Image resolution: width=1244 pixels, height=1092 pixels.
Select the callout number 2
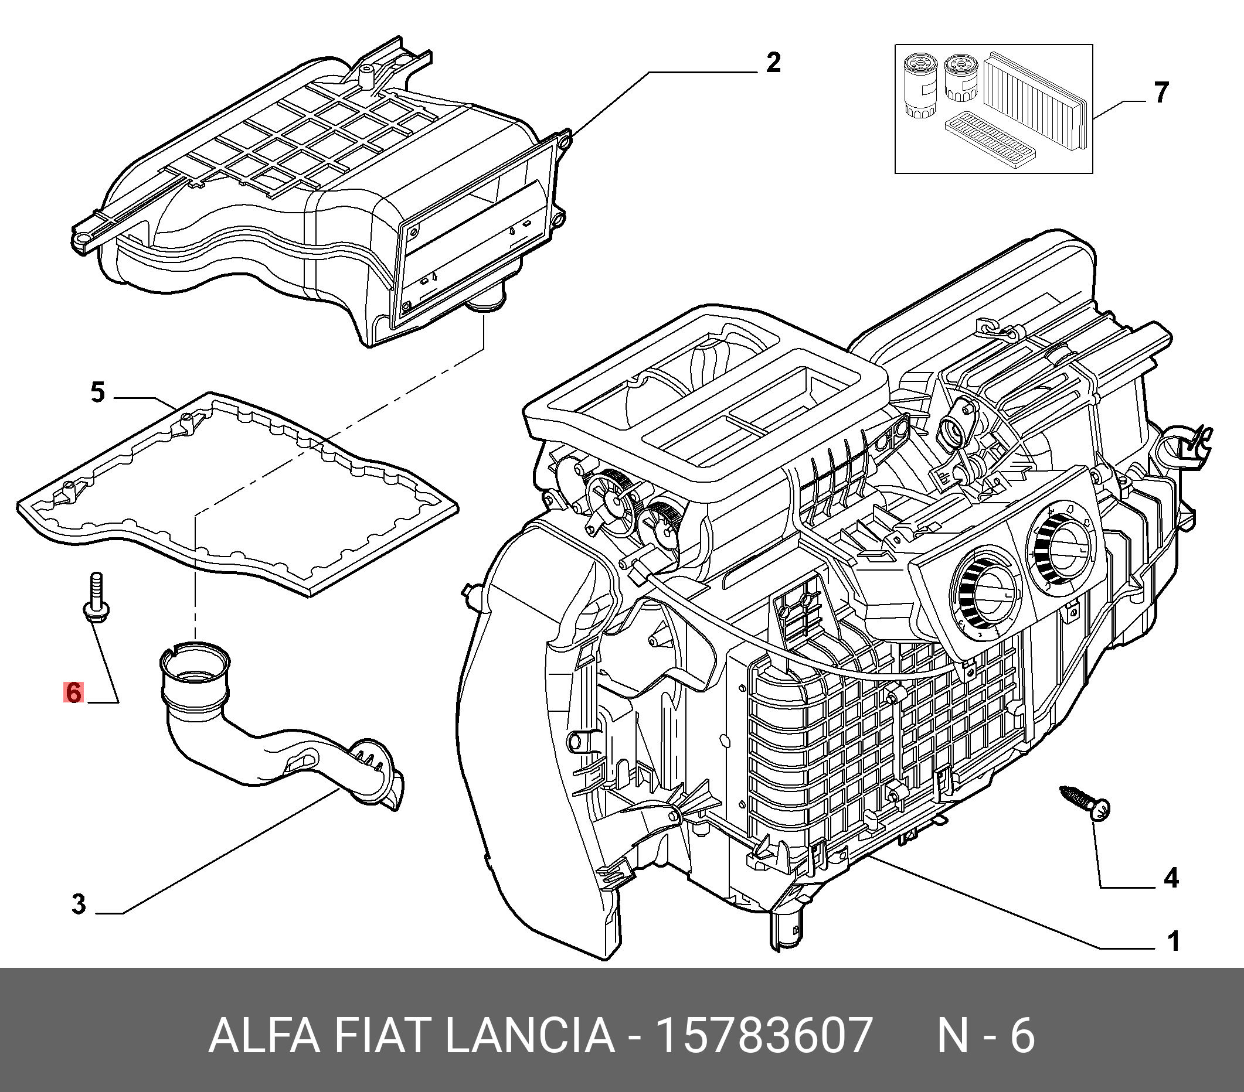pos(773,63)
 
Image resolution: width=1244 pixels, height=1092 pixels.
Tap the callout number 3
pos(79,904)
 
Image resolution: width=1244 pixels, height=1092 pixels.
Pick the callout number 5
pos(97,393)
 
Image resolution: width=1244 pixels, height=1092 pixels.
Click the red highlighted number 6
pos(73,693)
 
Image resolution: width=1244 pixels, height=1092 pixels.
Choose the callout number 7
pos(1161,93)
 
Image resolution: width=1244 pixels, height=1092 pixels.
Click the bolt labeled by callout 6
pos(94,599)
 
